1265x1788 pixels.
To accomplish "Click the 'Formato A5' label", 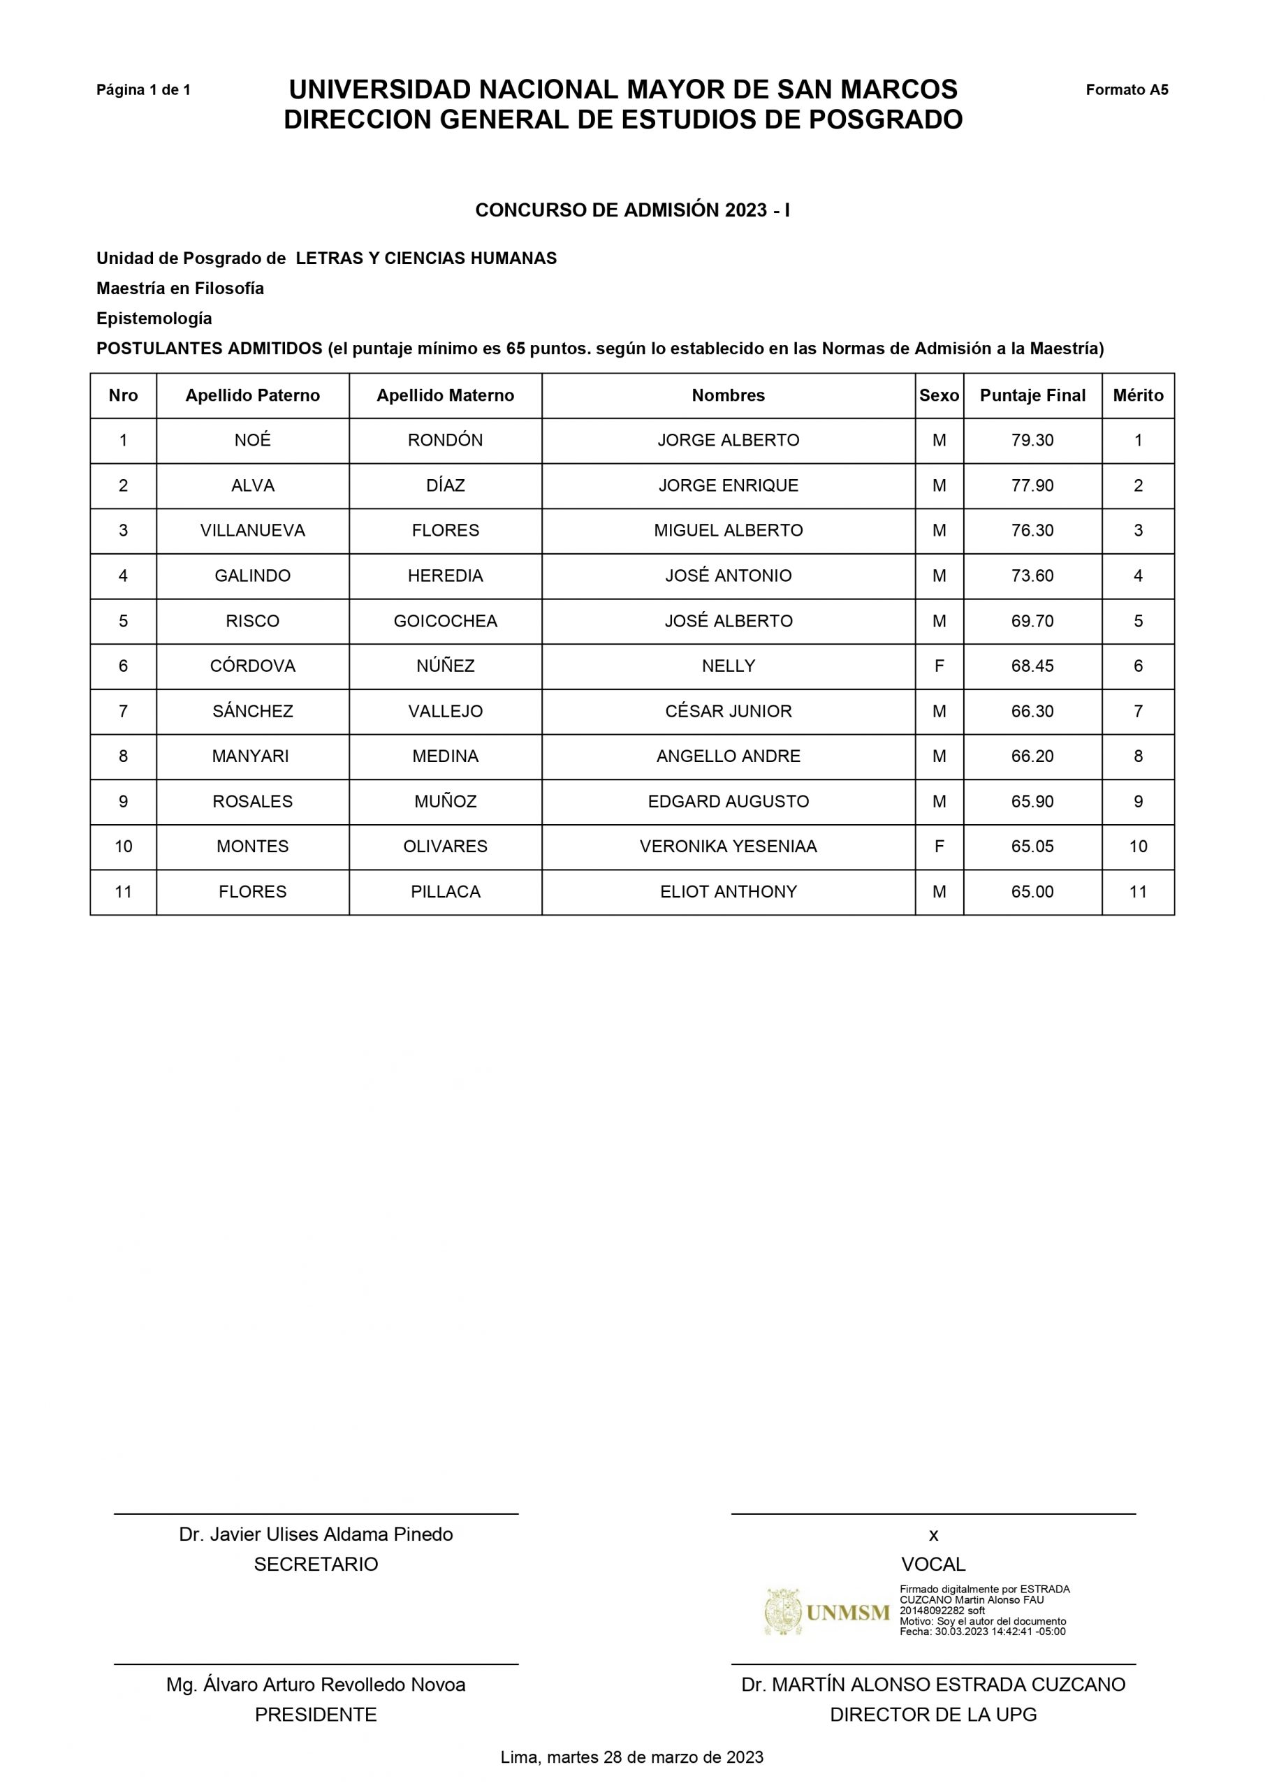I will click(1127, 89).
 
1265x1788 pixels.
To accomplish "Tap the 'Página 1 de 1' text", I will click(143, 90).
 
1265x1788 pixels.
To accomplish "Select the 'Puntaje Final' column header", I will click(1032, 395).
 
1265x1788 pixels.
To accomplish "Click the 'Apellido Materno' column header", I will click(445, 395).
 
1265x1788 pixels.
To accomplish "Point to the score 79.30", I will click(1032, 441).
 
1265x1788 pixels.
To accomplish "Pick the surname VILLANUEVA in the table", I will click(252, 531).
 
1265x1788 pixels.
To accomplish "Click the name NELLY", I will click(729, 666).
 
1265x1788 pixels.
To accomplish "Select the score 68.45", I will click(1032, 666).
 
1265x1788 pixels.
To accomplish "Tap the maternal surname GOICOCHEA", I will click(445, 622).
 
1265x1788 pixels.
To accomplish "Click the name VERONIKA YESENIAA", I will click(729, 847).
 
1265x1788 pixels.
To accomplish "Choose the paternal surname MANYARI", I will click(250, 757).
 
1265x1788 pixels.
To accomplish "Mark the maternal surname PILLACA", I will click(445, 893).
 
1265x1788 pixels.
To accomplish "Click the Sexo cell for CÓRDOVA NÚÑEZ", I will click(939, 666).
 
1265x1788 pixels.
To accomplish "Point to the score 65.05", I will click(1032, 847).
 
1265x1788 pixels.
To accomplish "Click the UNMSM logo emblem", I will click(783, 1612).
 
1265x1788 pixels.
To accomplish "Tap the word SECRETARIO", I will click(316, 1564).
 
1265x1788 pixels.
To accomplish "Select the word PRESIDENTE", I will click(316, 1715).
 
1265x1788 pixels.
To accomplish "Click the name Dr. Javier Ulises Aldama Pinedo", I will click(316, 1534).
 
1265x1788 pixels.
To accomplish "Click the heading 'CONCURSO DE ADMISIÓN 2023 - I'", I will click(631, 210).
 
